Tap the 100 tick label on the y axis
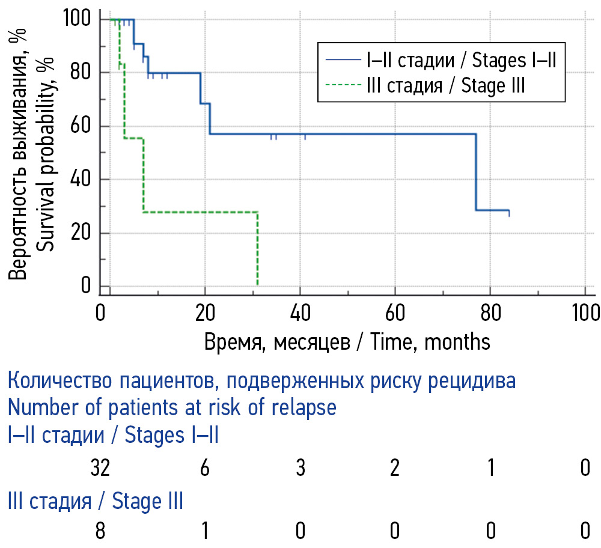77,19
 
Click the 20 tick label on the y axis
83,233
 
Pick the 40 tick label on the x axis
300,314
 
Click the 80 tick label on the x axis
490,314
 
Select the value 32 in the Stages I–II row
100,468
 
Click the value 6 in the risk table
205,468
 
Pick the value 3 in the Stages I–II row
300,468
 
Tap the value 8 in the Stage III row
100,531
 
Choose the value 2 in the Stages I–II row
395,468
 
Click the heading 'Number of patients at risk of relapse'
172,408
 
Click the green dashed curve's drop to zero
257,249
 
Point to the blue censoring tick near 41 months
305,137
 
